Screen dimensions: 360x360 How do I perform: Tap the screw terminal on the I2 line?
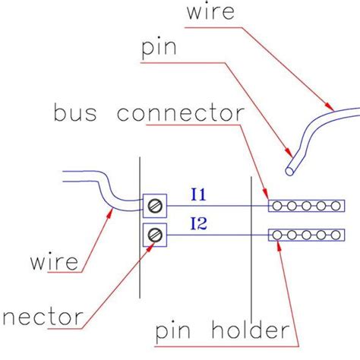point(155,234)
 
